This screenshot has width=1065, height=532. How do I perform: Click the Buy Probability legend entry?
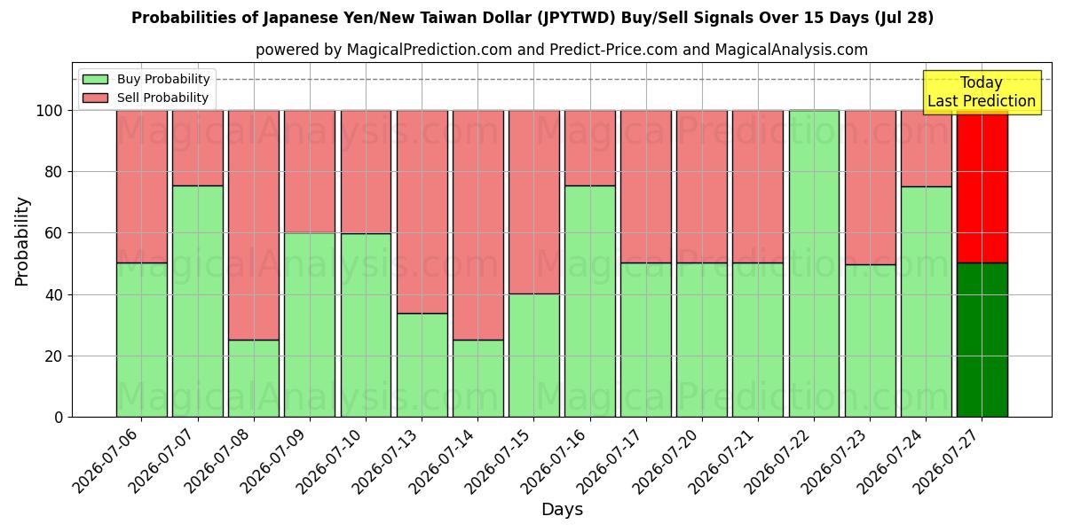146,79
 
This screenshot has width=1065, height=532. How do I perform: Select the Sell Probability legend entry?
146,98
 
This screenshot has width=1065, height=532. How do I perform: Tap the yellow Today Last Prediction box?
982,92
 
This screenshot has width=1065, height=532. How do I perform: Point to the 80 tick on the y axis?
53,172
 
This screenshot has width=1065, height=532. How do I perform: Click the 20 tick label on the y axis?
53,356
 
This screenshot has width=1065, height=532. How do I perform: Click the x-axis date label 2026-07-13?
384,462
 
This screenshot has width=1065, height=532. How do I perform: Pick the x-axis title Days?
562,509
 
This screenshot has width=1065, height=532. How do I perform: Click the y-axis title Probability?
22,241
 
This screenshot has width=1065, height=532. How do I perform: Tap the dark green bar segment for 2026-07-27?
982,340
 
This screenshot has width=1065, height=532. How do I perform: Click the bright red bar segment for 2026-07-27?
982,187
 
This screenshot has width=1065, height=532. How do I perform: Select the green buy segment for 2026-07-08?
254,379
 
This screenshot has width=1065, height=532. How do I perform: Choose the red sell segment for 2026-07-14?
477,225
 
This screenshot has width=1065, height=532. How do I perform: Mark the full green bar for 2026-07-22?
814,263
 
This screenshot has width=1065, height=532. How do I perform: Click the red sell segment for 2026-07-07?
198,148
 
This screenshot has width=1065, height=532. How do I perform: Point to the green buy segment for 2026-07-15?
534,356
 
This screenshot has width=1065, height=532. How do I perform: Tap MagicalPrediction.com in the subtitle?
430,50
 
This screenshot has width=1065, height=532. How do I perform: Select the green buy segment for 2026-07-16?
590,301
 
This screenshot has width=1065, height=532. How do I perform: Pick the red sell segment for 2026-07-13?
422,212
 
